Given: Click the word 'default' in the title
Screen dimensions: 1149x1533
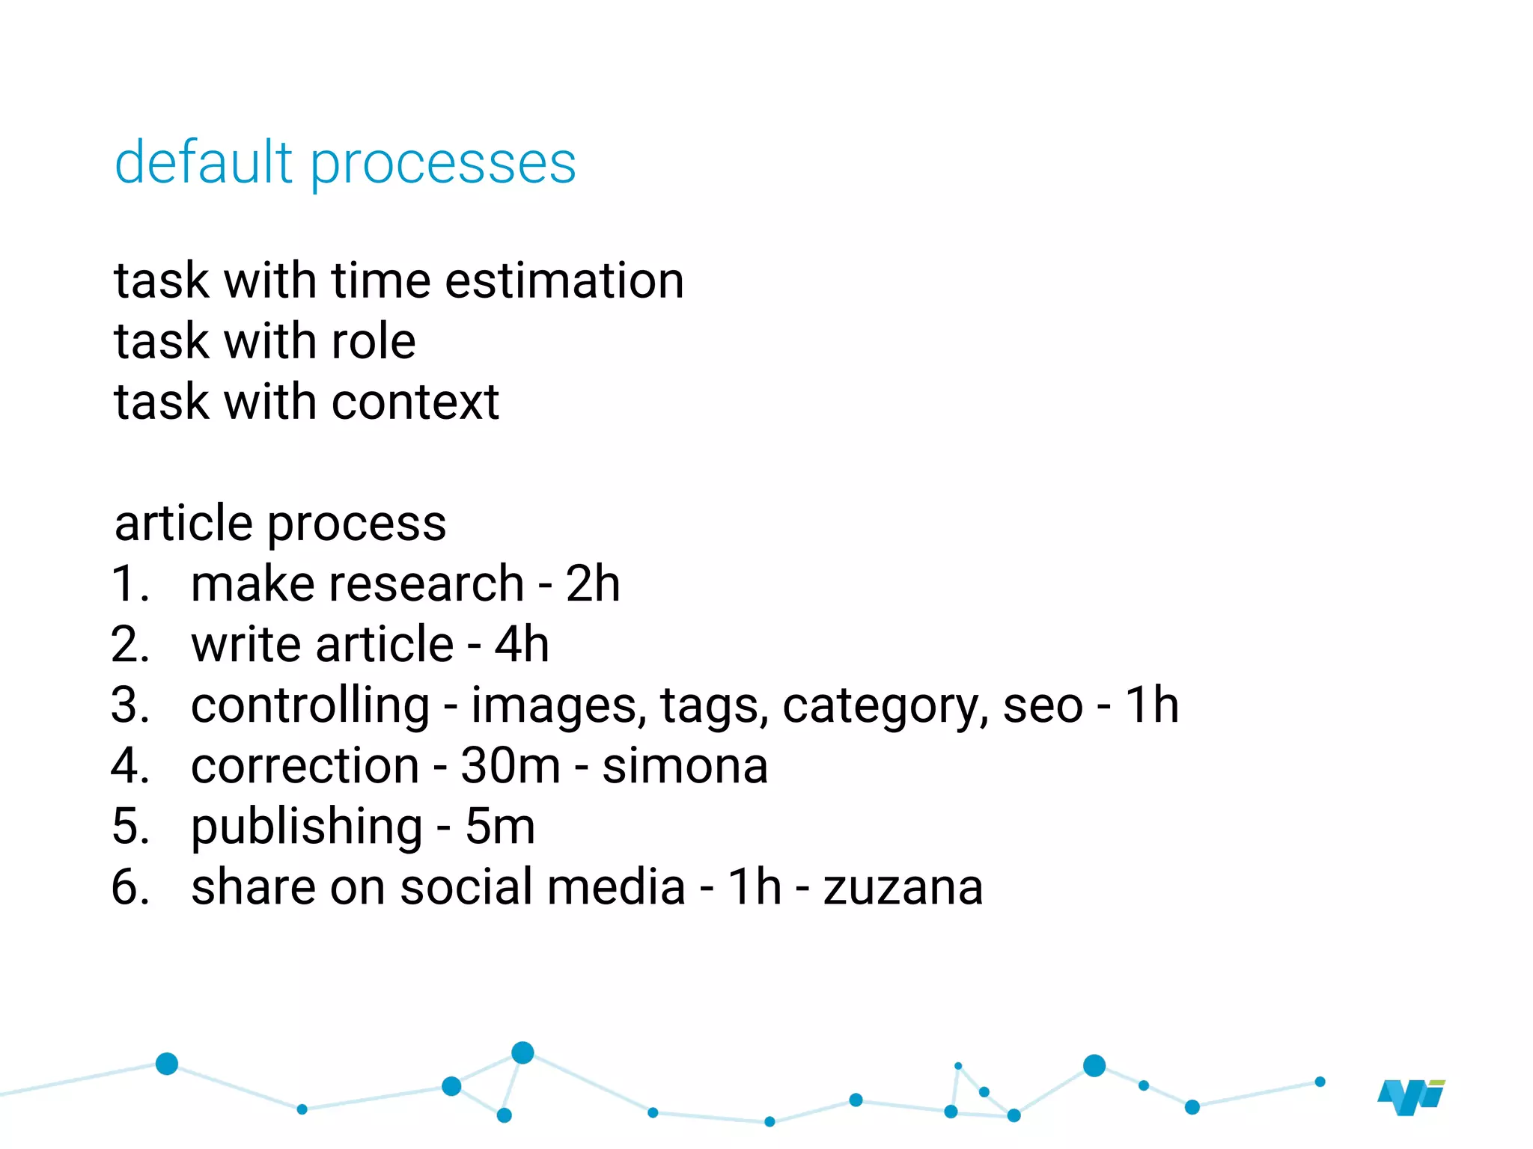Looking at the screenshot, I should tap(203, 162).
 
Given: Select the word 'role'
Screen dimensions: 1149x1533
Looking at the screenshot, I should tap(373, 342).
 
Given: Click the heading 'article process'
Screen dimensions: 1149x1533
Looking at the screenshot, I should tap(280, 523).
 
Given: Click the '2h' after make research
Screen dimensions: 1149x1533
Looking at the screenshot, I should tap(592, 583).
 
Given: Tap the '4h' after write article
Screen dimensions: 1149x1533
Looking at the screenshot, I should tap(522, 644).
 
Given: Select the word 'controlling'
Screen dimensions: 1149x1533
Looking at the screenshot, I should tap(310, 705).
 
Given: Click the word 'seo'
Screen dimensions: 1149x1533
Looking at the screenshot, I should tap(1042, 705).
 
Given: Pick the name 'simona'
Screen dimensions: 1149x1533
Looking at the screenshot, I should tap(685, 766).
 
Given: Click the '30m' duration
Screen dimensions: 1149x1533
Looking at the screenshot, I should tap(510, 766).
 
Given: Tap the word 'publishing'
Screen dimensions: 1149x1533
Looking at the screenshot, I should tap(307, 828).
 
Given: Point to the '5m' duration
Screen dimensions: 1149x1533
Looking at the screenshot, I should tap(500, 827).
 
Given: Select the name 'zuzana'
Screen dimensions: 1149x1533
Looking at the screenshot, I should tap(903, 888).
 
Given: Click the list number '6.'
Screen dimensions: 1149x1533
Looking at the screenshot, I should tap(130, 888).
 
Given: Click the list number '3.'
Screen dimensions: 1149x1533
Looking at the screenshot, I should tap(130, 705).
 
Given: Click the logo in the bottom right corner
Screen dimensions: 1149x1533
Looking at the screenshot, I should tap(1410, 1097).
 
